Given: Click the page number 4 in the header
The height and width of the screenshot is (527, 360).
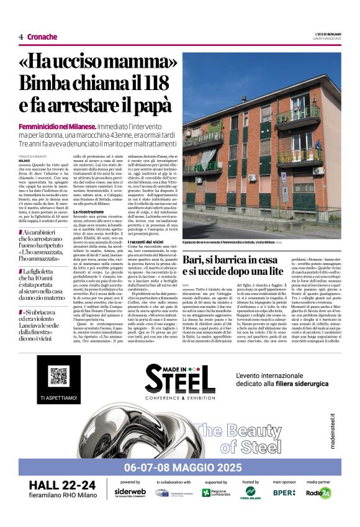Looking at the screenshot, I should click(x=21, y=37).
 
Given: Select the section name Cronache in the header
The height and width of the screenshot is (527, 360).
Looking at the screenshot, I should click(x=42, y=37).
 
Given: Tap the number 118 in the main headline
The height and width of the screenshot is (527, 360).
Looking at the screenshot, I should click(x=161, y=83).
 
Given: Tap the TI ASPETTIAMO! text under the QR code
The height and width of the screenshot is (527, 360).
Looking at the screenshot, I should click(x=58, y=397).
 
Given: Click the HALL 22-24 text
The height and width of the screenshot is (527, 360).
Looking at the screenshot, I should click(x=62, y=485).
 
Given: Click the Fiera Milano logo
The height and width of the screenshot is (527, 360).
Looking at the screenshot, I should click(x=250, y=493).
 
